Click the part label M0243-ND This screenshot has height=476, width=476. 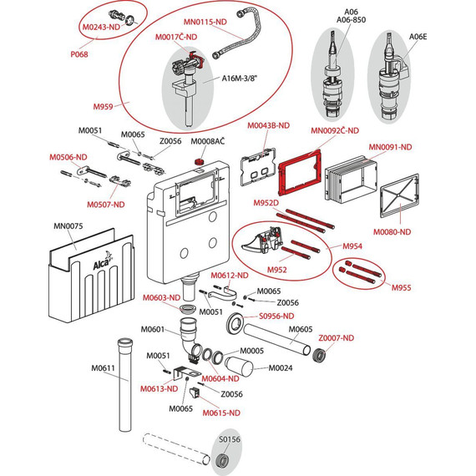[101, 27]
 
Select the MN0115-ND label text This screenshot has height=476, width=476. [205, 22]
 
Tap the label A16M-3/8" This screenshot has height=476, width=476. [239, 78]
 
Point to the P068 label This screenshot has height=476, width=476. [79, 54]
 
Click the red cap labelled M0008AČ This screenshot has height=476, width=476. [199, 161]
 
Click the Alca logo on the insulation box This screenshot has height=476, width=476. [103, 261]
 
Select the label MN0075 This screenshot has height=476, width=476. [68, 226]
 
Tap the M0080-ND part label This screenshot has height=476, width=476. [392, 232]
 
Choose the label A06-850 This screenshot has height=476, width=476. [351, 20]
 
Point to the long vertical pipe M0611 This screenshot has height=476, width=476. [125, 384]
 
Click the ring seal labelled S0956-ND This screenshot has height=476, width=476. [235, 324]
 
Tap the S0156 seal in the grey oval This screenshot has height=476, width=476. [222, 459]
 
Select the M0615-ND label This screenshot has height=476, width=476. [221, 413]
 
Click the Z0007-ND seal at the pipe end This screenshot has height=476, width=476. [319, 356]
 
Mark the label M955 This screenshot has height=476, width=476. [401, 288]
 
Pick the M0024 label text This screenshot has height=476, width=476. [281, 368]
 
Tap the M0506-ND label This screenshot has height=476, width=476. [68, 157]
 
